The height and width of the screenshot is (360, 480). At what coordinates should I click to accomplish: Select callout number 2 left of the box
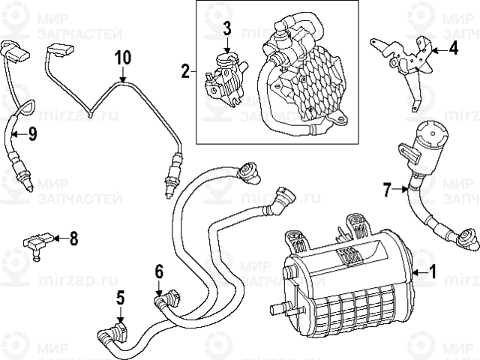pyautogui.click(x=185, y=72)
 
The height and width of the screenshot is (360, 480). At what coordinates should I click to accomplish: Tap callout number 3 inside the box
pyautogui.click(x=227, y=29)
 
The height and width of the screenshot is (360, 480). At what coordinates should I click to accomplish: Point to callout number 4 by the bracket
pyautogui.click(x=452, y=49)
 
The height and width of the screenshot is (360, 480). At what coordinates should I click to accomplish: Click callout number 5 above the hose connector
pyautogui.click(x=120, y=298)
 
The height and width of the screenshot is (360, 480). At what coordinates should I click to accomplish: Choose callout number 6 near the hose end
pyautogui.click(x=159, y=271)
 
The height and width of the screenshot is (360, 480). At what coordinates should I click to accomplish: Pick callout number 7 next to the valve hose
pyautogui.click(x=387, y=190)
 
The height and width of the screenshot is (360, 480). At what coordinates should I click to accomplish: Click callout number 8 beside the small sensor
pyautogui.click(x=73, y=239)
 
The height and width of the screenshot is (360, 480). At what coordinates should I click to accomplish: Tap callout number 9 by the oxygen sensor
pyautogui.click(x=32, y=134)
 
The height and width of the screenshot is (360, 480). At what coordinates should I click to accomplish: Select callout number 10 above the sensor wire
pyautogui.click(x=123, y=57)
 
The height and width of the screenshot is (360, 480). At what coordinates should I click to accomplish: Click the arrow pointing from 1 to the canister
pyautogui.click(x=418, y=274)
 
